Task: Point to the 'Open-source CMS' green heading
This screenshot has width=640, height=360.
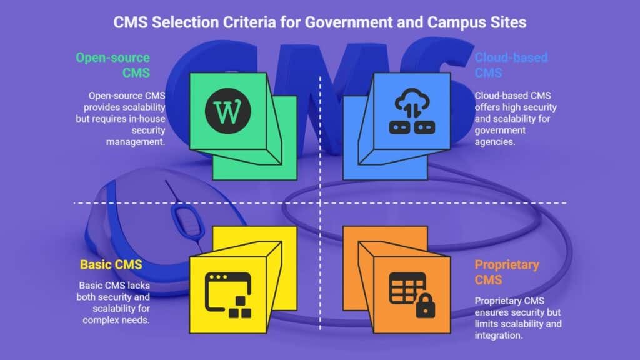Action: [x=113, y=65]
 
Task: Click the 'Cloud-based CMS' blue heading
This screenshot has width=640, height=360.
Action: [x=511, y=65]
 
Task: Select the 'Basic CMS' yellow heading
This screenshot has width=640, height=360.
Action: [x=111, y=264]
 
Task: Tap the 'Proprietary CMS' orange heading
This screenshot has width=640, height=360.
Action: [x=507, y=271]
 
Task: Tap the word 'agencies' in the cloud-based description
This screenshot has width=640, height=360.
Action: [x=496, y=142]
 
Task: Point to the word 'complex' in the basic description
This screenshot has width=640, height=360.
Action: [x=101, y=320]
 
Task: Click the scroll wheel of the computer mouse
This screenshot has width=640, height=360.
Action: [x=182, y=219]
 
